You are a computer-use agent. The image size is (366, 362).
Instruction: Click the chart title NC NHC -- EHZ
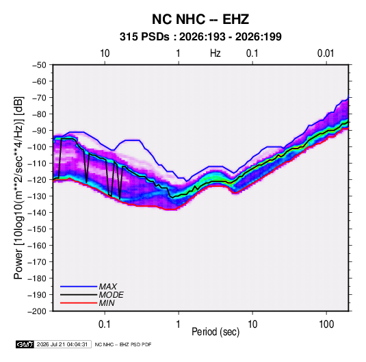200,19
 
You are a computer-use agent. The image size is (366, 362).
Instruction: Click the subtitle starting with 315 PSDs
200,37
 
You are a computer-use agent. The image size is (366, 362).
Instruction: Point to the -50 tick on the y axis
39,65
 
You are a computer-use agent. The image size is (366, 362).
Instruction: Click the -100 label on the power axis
37,147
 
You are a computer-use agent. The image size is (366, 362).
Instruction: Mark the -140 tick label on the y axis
37,213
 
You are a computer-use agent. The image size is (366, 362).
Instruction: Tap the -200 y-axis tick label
37,311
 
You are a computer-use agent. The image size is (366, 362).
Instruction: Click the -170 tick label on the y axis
37,262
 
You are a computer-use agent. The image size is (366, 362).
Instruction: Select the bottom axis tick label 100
326,324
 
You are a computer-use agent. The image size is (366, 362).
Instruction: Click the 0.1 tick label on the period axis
105,324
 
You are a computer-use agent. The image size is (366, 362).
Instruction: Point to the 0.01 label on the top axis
326,53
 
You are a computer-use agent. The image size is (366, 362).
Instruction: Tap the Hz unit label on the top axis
215,53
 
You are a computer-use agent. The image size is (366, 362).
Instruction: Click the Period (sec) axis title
215,332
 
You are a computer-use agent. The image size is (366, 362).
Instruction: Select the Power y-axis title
19,188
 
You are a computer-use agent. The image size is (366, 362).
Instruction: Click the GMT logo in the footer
25,344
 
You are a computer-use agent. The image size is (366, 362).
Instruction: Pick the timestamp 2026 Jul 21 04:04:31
62,344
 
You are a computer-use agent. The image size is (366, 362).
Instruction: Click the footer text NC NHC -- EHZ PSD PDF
123,344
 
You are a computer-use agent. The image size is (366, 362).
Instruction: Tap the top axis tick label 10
105,53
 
